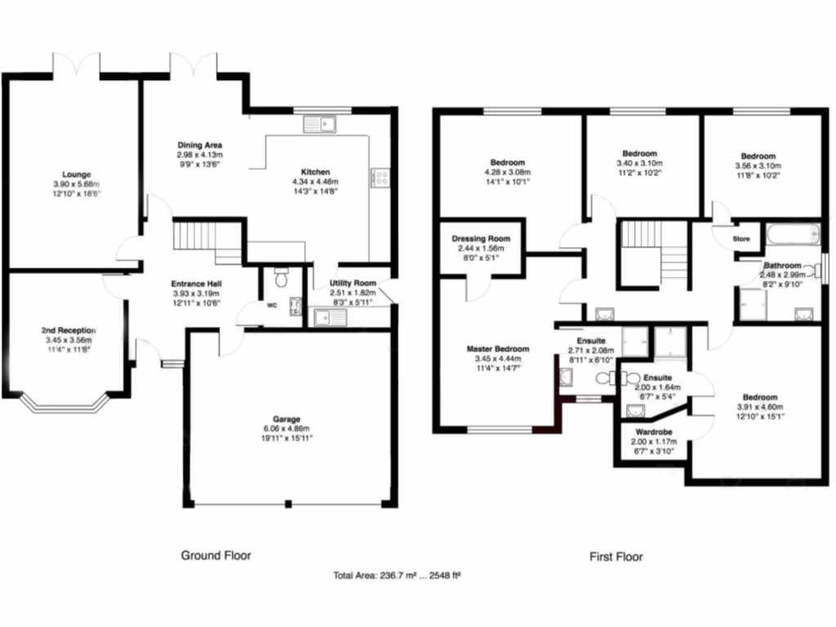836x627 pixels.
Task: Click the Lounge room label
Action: (78, 174)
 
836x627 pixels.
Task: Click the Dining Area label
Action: (199, 145)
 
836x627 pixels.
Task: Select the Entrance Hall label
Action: (193, 284)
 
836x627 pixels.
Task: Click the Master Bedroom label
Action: (497, 349)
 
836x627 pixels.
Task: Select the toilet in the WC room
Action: (282, 278)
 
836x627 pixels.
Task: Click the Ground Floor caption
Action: (216, 555)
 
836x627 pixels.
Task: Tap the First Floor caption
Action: (616, 557)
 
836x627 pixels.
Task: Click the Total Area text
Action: (398, 576)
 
